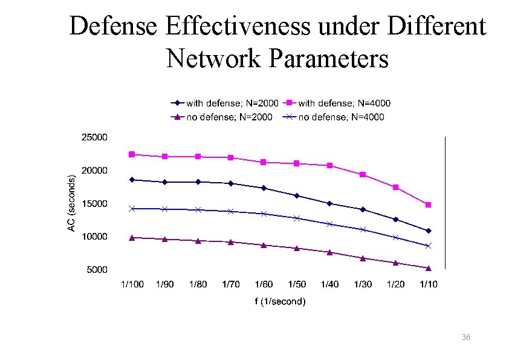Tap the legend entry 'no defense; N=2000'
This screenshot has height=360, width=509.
click(x=229, y=117)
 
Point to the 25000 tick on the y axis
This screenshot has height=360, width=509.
click(x=94, y=137)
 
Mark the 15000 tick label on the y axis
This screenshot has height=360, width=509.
click(x=94, y=204)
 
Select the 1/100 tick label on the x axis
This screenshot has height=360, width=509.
click(x=132, y=284)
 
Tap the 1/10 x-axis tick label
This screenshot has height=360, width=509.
click(x=429, y=284)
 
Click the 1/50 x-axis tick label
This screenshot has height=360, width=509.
click(x=297, y=284)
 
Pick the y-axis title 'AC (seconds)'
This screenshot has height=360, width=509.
click(x=71, y=203)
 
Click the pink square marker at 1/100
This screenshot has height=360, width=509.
click(x=132, y=154)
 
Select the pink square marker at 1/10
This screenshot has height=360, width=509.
click(x=429, y=205)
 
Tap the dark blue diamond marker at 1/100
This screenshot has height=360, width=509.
click(x=132, y=180)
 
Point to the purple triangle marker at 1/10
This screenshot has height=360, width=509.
click(x=429, y=268)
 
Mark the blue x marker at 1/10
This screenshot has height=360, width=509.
click(x=429, y=246)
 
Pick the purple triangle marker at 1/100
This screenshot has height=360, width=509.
click(x=132, y=238)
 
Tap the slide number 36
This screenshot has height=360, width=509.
click(x=465, y=337)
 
